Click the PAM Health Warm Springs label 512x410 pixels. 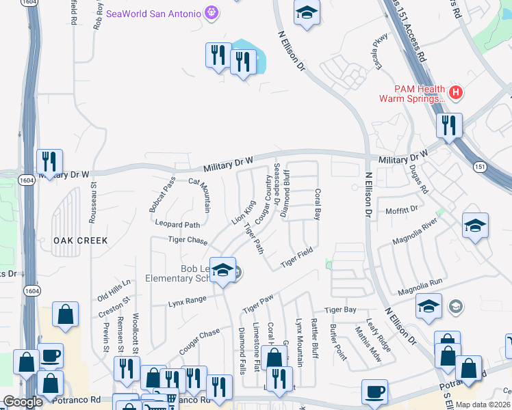[411, 94]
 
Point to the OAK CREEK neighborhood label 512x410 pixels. [80, 241]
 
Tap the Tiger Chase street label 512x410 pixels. [188, 241]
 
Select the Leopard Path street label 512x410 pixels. [177, 224]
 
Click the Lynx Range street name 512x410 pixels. [187, 301]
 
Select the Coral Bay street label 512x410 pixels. [317, 204]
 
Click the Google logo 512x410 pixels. [23, 402]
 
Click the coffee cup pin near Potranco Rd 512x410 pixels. [374, 392]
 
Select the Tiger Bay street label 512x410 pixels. [340, 310]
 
